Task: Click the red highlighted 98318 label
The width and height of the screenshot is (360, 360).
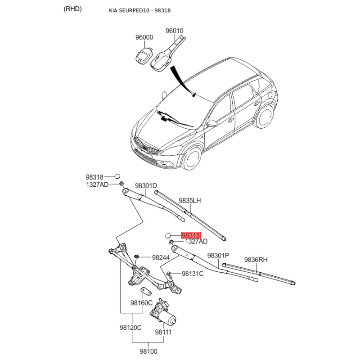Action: click(191, 235)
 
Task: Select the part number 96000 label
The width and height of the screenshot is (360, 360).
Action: click(144, 37)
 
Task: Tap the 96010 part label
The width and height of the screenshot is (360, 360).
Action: click(175, 31)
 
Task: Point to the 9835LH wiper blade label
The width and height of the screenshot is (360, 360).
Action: click(190, 201)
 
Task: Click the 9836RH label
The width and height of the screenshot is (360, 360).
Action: click(256, 260)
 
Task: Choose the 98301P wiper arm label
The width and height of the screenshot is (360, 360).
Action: click(218, 255)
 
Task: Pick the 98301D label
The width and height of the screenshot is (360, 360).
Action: click(146, 185)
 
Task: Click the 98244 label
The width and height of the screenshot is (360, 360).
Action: click(161, 257)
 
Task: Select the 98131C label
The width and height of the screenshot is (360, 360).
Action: click(193, 274)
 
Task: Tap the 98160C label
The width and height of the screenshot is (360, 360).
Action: click(141, 303)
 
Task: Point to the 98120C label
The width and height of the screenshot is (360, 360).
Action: click(130, 328)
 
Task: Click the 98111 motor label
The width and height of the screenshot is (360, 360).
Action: click(163, 332)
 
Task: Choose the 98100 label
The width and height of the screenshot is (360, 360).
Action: click(148, 351)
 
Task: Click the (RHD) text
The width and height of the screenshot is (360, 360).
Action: click(72, 9)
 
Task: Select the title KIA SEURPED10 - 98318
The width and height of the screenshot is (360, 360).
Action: click(139, 10)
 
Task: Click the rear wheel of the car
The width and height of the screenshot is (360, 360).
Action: click(265, 117)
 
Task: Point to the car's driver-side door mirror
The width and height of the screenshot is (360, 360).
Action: click(212, 123)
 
